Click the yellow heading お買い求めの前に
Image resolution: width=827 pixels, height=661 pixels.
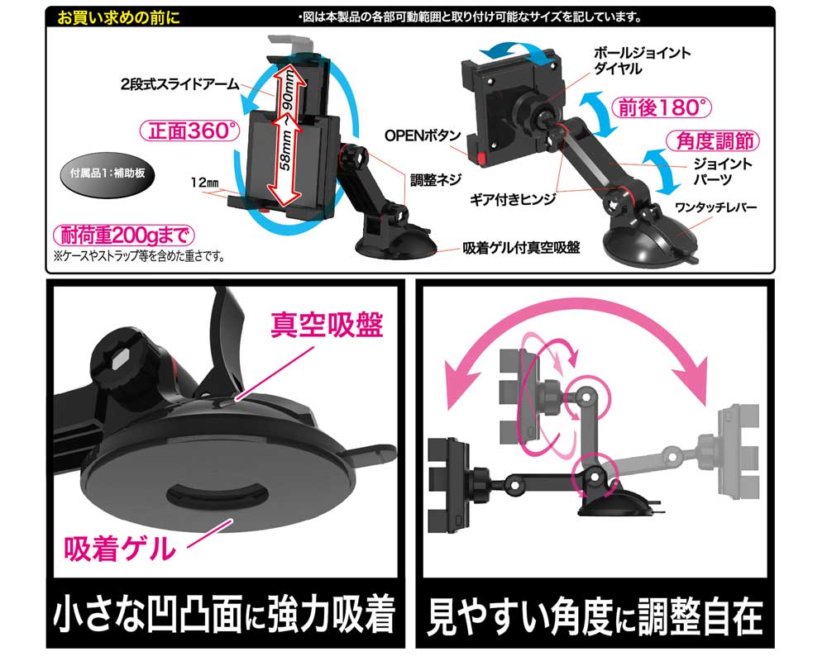point(118,17)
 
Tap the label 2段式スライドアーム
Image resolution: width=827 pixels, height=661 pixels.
point(179,84)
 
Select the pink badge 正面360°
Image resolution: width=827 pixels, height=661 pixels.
point(190,131)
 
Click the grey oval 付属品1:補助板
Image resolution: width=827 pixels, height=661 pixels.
point(108,174)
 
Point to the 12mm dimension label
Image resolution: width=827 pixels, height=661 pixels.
point(204,183)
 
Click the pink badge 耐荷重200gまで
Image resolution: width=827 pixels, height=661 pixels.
point(124,235)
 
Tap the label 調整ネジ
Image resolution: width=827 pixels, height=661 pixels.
point(436,180)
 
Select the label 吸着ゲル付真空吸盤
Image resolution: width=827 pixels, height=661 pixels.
point(521,248)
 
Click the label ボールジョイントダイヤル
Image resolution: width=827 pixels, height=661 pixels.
point(642,60)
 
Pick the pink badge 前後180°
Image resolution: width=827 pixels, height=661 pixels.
point(662,108)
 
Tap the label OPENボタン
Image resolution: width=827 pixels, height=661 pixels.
point(423,136)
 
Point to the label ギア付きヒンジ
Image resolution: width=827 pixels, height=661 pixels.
point(513,199)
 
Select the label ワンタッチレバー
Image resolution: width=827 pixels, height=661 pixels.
point(715,207)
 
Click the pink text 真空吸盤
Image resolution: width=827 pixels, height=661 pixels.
point(327,325)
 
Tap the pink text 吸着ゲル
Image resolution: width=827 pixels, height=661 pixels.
point(120,548)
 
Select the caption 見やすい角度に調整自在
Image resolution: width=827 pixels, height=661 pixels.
point(595,616)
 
